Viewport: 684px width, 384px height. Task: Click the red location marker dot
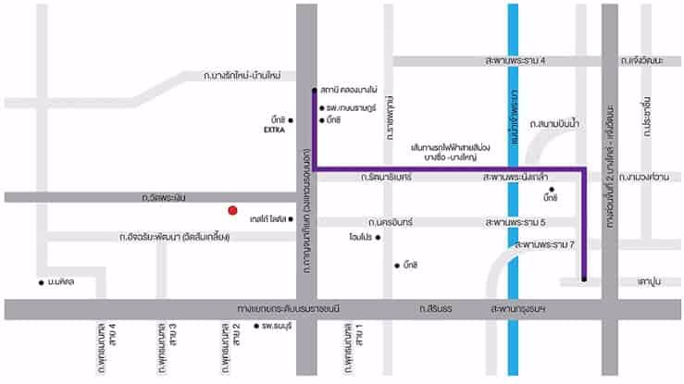point(234,211)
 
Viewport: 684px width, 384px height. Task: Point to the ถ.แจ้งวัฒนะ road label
point(642,61)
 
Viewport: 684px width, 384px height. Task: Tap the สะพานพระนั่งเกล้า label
point(519,176)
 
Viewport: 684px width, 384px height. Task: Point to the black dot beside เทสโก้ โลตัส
point(291,219)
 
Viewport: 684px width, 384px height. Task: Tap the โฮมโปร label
point(360,238)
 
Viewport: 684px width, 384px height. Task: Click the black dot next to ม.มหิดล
point(41,282)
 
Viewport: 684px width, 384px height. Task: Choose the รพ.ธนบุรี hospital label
point(275,327)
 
